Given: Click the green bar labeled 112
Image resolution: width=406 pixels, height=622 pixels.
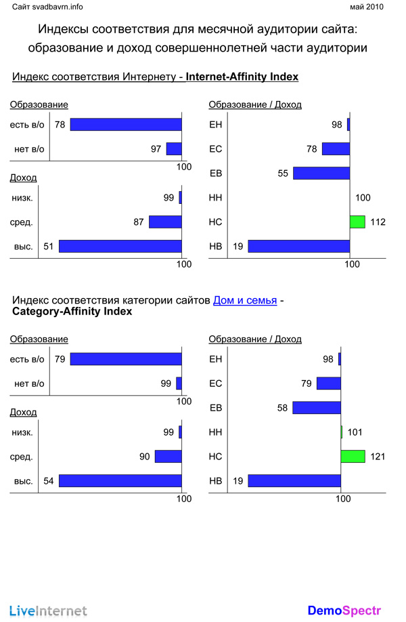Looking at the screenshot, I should click(357, 222).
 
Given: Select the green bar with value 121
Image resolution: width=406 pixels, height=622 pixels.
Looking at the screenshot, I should click(353, 456).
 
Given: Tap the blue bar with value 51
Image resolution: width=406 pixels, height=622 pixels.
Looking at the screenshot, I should click(120, 246).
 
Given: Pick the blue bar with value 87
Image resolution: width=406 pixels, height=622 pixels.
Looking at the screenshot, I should click(165, 222).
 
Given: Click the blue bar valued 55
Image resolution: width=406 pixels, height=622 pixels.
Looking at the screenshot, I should click(321, 173).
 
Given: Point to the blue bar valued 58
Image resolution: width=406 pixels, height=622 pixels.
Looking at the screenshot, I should click(317, 408).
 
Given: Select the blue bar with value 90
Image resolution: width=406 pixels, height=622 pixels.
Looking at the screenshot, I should click(168, 456).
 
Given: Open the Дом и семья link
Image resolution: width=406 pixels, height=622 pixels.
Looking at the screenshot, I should click(245, 299).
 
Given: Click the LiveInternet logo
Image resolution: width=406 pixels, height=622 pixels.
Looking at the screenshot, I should click(48, 610).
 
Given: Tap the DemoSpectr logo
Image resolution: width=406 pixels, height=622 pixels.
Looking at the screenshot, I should click(344, 610).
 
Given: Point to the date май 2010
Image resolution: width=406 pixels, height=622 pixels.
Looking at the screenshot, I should click(366, 7).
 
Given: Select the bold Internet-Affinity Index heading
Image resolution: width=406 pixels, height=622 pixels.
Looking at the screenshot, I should click(242, 77).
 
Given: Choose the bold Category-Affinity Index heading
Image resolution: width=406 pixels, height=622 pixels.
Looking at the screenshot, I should click(72, 312).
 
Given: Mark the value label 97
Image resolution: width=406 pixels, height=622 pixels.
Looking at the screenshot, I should click(156, 149).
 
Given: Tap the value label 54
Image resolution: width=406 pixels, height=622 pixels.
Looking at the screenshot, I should click(49, 480).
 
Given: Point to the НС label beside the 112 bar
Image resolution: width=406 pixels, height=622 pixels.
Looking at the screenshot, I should click(216, 222).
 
